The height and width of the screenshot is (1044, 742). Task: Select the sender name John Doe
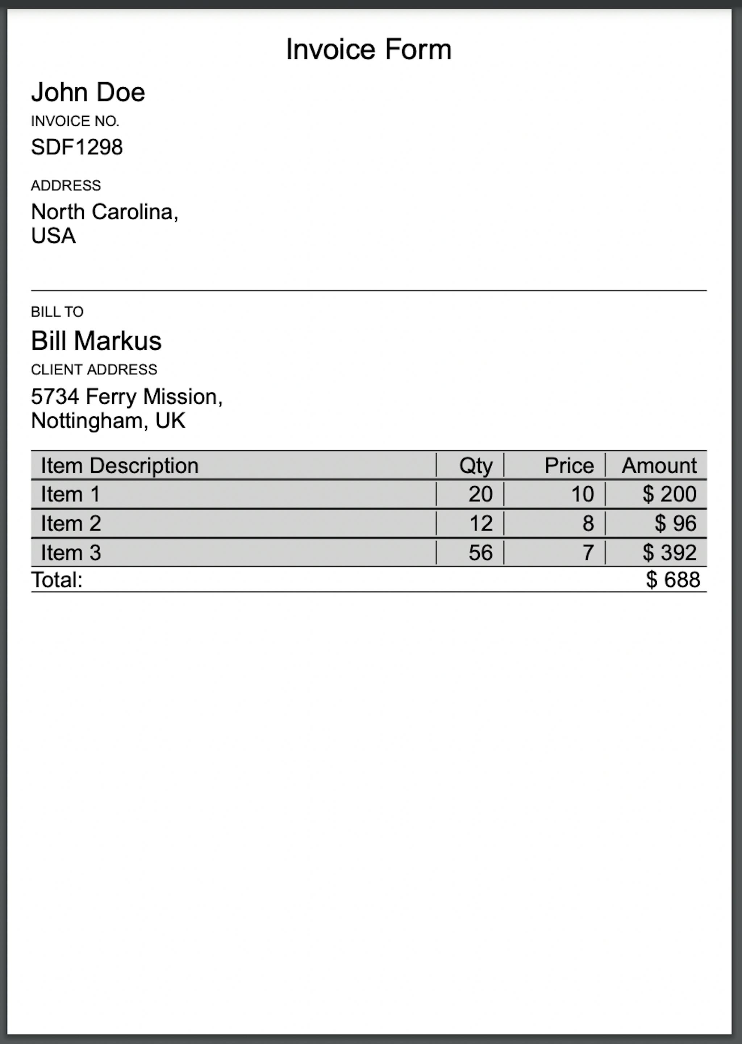pyautogui.click(x=88, y=92)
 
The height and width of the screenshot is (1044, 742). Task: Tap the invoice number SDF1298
pyautogui.click(x=77, y=147)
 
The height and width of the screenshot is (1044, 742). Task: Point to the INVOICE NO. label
pyautogui.click(x=75, y=121)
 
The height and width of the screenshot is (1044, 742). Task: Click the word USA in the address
pyautogui.click(x=53, y=236)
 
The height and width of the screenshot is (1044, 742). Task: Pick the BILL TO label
pyautogui.click(x=57, y=312)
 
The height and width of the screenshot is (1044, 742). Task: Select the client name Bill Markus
pyautogui.click(x=96, y=341)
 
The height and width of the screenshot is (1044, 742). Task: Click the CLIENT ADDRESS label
pyautogui.click(x=94, y=369)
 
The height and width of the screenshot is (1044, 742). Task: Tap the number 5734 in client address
pyautogui.click(x=55, y=396)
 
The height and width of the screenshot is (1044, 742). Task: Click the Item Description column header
pyautogui.click(x=120, y=466)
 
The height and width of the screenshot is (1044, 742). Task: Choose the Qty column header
pyautogui.click(x=476, y=466)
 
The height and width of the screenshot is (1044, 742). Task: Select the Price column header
pyautogui.click(x=569, y=466)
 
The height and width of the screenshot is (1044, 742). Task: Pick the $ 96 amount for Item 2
pyautogui.click(x=675, y=524)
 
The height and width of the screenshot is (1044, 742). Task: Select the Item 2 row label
pyautogui.click(x=71, y=524)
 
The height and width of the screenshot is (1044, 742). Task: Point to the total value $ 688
pyautogui.click(x=672, y=580)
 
